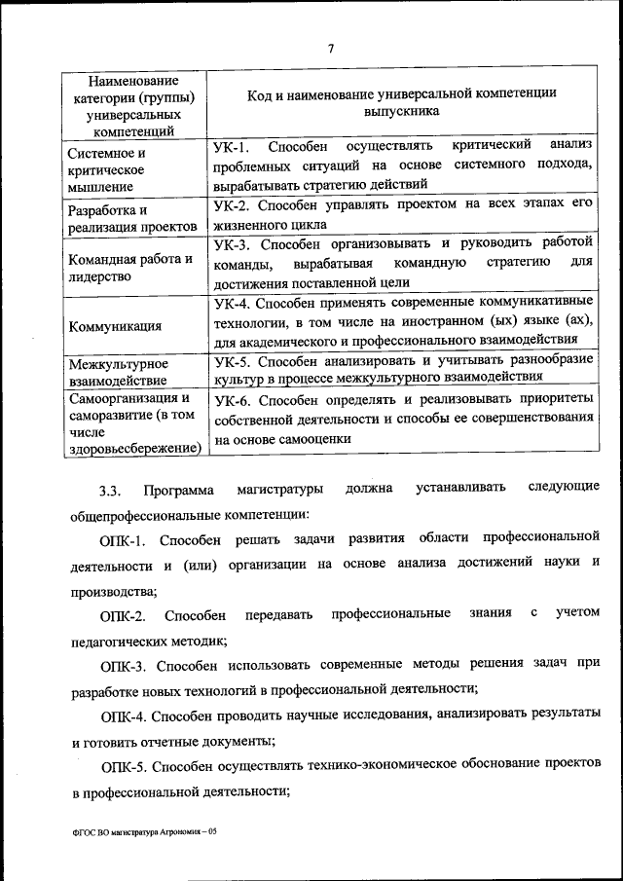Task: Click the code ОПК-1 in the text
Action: point(123,538)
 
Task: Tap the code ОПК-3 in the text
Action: point(123,666)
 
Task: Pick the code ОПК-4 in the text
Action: point(123,716)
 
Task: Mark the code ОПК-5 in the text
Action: point(123,767)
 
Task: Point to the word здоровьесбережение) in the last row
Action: point(135,447)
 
